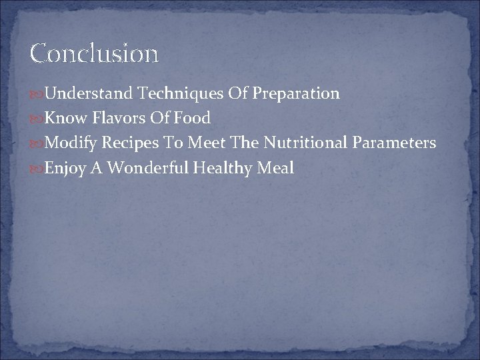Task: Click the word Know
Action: click(x=61, y=119)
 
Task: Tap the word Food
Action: click(x=192, y=119)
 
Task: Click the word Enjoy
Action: click(x=63, y=169)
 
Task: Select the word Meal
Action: click(x=277, y=169)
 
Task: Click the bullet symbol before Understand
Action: click(x=37, y=94)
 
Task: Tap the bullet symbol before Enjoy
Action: click(x=37, y=169)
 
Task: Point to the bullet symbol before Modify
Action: click(x=37, y=144)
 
